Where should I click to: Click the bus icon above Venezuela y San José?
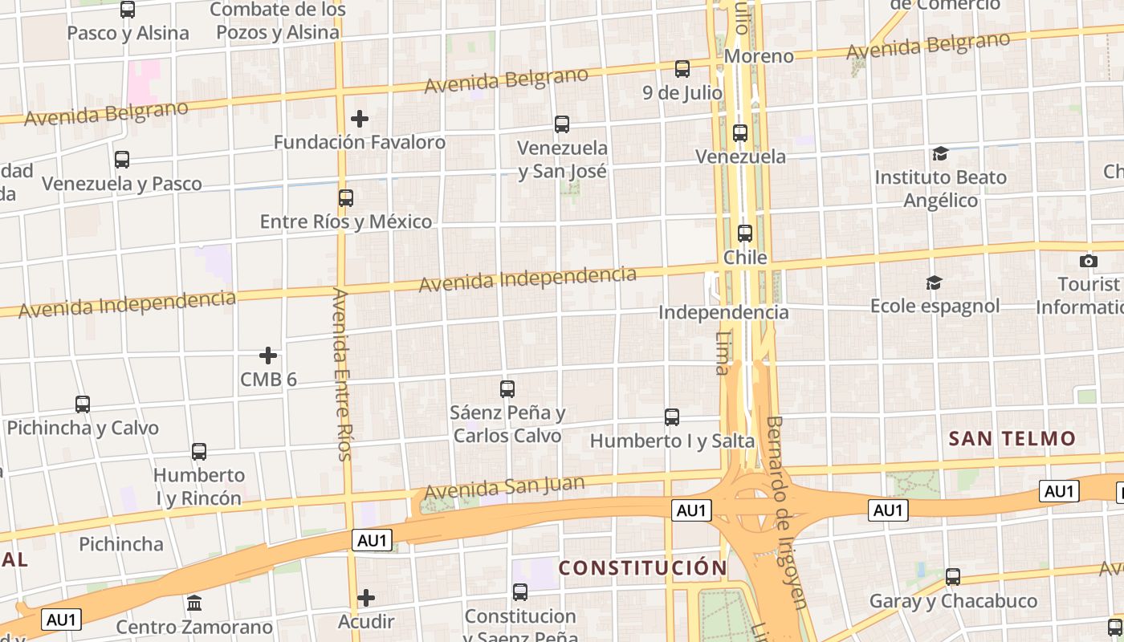click(x=562, y=124)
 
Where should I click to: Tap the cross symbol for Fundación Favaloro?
click(x=360, y=120)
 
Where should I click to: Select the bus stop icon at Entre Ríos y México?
click(x=346, y=197)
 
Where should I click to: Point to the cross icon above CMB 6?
click(x=268, y=356)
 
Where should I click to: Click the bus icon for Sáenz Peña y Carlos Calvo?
click(x=507, y=389)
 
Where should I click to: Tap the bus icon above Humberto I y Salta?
click(x=672, y=417)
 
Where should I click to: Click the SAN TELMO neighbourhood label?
click(x=1012, y=438)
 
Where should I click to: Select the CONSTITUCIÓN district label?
click(x=642, y=568)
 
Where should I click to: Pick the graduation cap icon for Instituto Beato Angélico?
click(x=940, y=153)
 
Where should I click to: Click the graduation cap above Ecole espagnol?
click(x=934, y=282)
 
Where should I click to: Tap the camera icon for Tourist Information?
click(x=1089, y=261)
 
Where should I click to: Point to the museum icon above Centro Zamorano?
click(x=194, y=603)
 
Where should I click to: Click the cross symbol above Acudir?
click(x=366, y=598)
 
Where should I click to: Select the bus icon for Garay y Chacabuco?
click(x=953, y=576)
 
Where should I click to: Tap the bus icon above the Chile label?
click(x=745, y=234)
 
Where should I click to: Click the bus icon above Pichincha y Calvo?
click(x=83, y=404)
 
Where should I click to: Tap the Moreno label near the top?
click(x=759, y=56)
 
